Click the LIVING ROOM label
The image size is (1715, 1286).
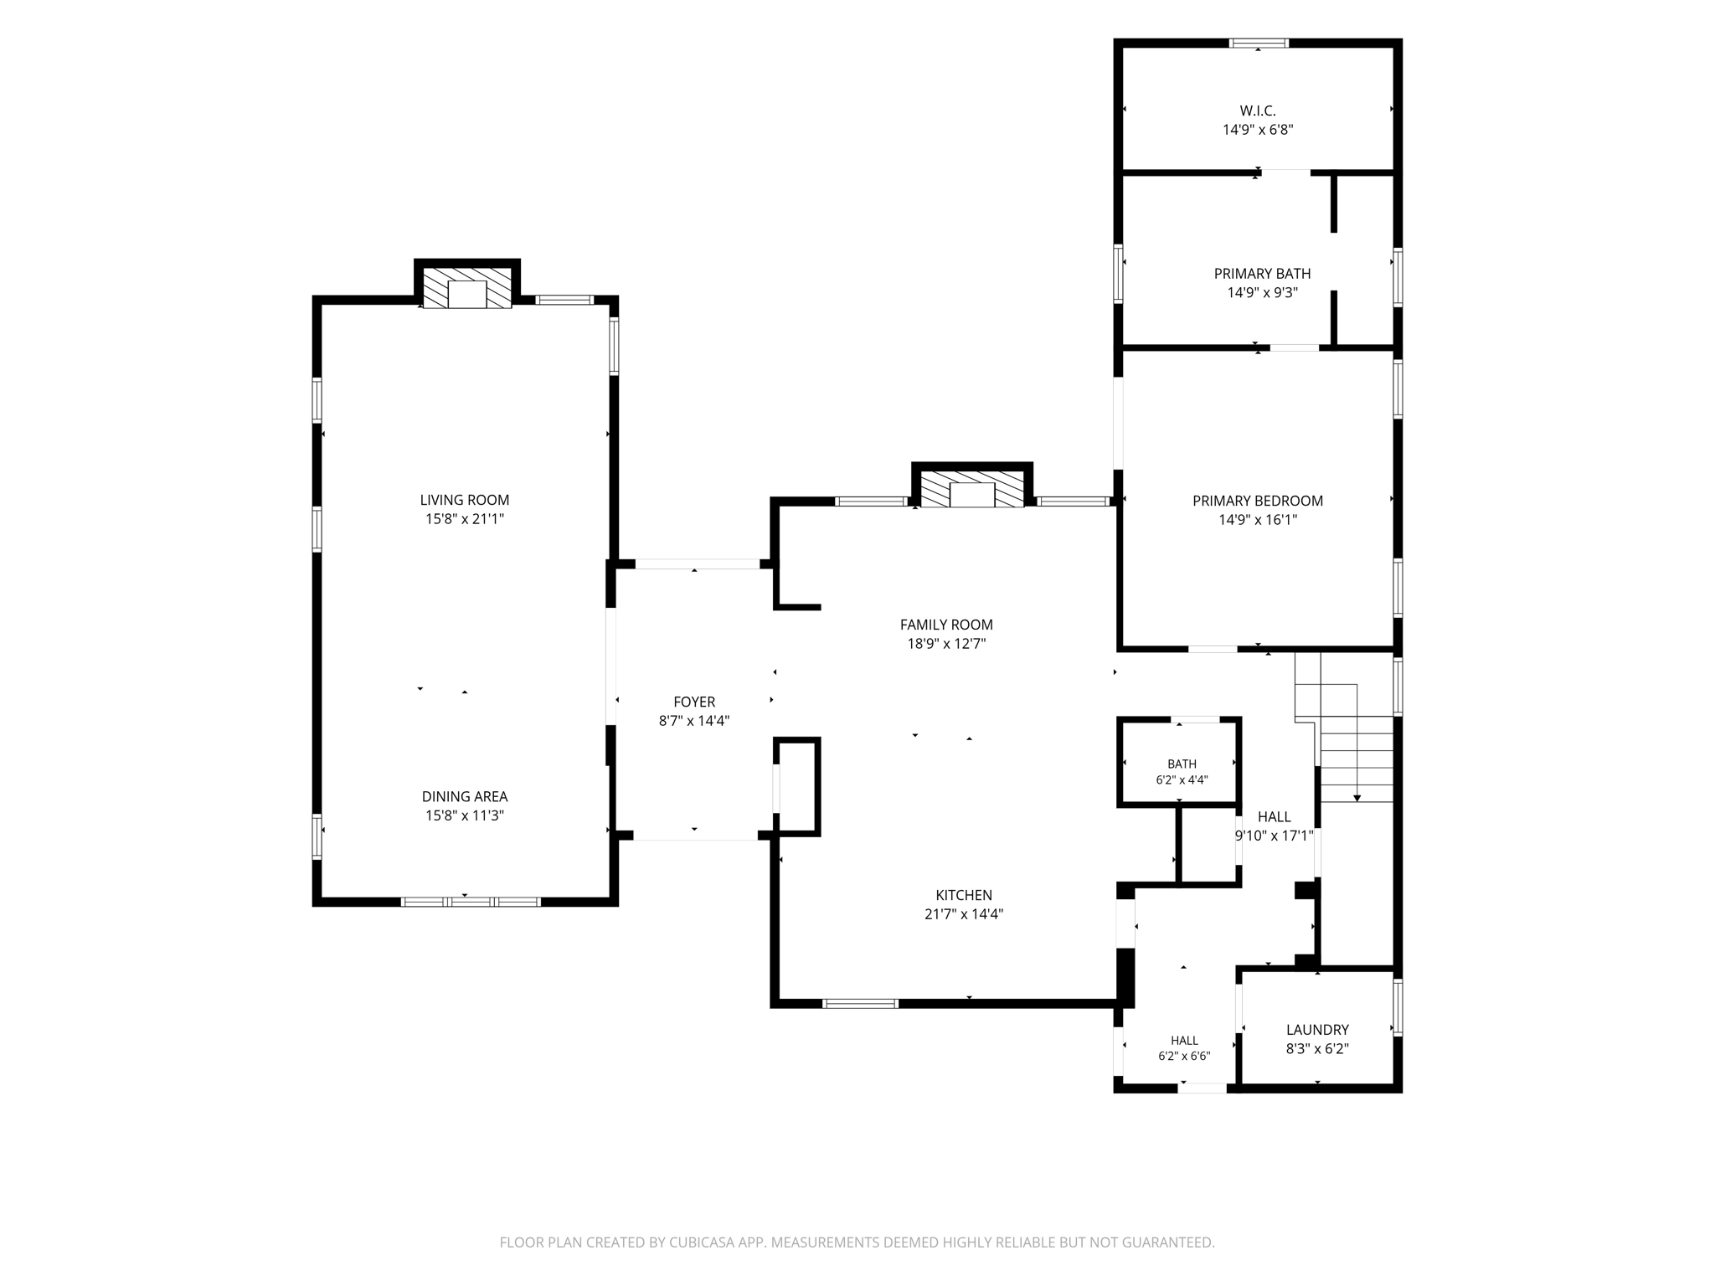(x=465, y=500)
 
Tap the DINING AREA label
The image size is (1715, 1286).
(x=465, y=797)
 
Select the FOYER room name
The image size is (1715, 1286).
(x=694, y=702)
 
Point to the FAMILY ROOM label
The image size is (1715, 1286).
(x=946, y=625)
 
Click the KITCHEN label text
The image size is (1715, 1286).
(x=964, y=895)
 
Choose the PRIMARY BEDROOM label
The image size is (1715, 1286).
(x=1258, y=501)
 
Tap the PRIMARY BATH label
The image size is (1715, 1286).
(x=1263, y=274)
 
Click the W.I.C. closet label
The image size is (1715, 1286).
(x=1258, y=111)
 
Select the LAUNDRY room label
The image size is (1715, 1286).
(x=1317, y=1030)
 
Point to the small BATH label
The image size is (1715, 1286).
(x=1182, y=764)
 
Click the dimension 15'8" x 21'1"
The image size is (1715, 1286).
(x=465, y=519)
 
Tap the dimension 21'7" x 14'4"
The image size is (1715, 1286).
(x=964, y=914)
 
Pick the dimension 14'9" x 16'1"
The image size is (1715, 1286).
(x=1258, y=520)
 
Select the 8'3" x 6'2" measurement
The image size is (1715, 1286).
(x=1317, y=1049)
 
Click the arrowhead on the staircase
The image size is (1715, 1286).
(x=1357, y=799)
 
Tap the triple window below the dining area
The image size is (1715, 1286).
(x=471, y=902)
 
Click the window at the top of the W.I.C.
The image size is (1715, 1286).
(x=1259, y=43)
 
